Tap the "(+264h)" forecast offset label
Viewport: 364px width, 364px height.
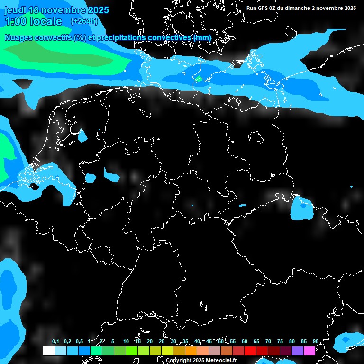coord(84,21)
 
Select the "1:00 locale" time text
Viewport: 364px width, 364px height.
coord(33,21)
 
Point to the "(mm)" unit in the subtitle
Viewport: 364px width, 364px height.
coord(202,37)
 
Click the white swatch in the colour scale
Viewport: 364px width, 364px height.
coord(48,351)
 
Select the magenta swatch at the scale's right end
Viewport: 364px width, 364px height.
coord(309,351)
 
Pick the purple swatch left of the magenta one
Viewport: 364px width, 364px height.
coord(297,351)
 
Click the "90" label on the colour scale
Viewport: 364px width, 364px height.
coord(315,342)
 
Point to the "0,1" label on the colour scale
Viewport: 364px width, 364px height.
coord(55,342)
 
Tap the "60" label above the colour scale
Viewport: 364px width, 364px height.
coord(244,342)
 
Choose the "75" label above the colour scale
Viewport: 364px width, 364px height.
coord(280,342)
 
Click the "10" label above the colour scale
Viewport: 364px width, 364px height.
coord(126,342)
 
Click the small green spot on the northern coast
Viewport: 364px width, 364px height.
coord(199,79)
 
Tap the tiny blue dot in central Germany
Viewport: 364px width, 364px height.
coord(192,205)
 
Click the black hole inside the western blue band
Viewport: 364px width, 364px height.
coord(34,185)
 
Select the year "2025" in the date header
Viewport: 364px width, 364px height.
coord(98,10)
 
